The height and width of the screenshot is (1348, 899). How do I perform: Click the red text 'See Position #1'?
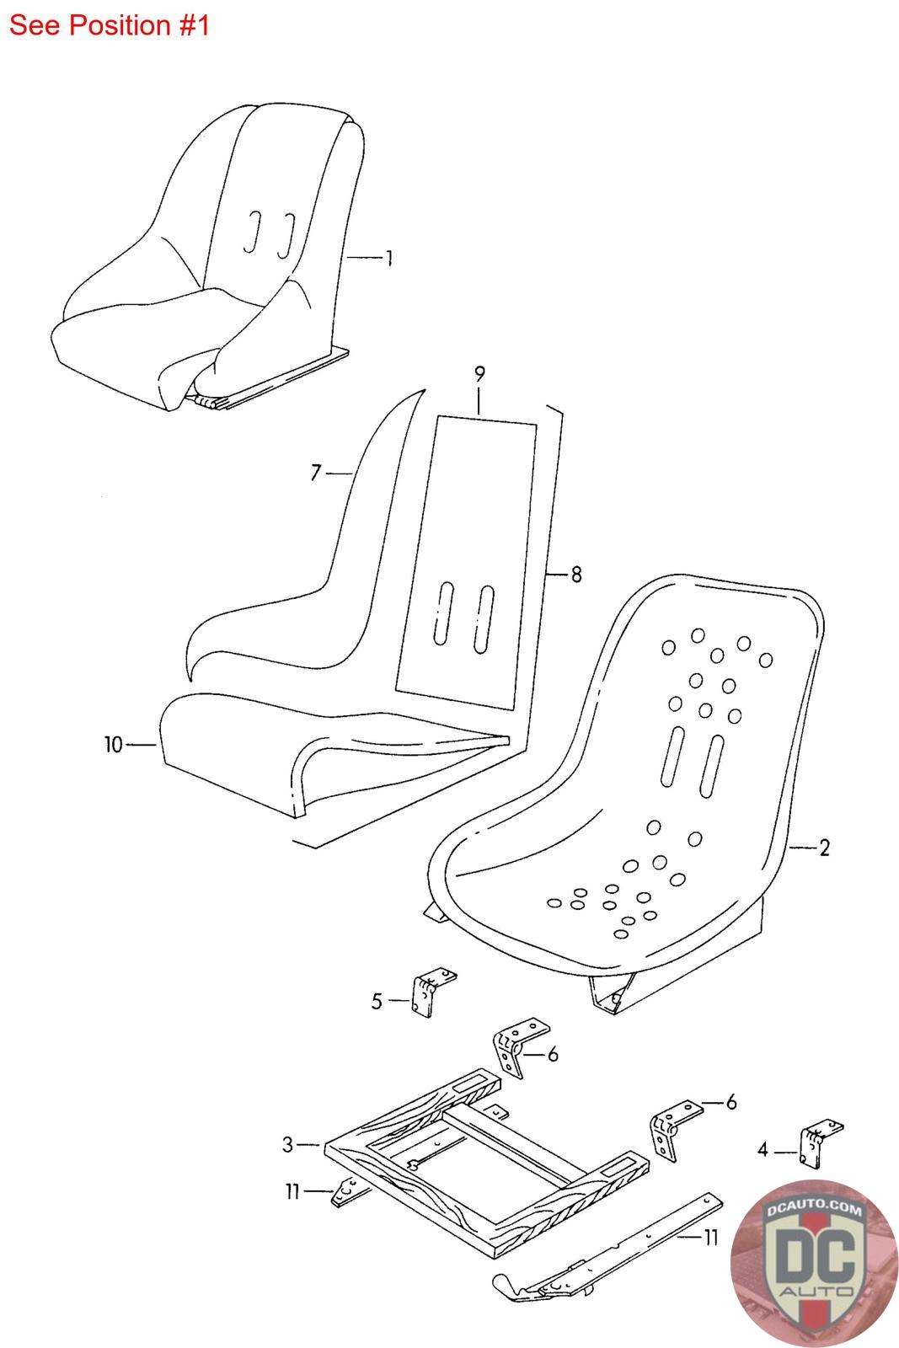click(x=109, y=25)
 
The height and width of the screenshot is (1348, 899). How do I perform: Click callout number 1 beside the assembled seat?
click(x=388, y=258)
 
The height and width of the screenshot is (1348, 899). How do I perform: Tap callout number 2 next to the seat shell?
click(x=824, y=848)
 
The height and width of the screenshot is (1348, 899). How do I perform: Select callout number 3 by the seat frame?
click(x=288, y=1144)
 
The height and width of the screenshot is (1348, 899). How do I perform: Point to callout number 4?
click(x=763, y=1149)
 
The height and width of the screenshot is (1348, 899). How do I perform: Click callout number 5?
click(x=377, y=1002)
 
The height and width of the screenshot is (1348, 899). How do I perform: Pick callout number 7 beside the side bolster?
click(x=316, y=473)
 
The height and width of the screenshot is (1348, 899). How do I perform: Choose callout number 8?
click(x=576, y=575)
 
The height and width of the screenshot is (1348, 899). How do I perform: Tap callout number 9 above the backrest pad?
click(x=479, y=373)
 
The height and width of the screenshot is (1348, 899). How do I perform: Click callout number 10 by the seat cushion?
click(x=114, y=745)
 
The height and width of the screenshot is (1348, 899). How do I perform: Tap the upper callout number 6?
click(x=553, y=1054)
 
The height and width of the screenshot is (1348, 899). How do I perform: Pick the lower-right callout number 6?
click(x=731, y=1101)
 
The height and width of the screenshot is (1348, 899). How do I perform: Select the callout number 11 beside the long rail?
click(x=711, y=1237)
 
